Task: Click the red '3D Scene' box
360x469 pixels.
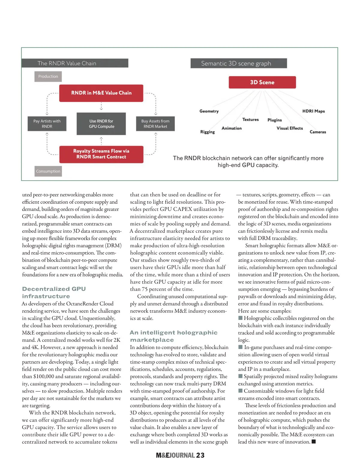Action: click(x=262, y=82)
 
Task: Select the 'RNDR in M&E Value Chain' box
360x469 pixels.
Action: click(x=101, y=93)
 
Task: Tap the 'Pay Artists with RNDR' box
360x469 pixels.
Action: click(x=47, y=124)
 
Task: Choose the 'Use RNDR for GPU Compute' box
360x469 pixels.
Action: click(x=101, y=124)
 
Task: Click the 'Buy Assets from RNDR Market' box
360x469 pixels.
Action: click(x=155, y=124)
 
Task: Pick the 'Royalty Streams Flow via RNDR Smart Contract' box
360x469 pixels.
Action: click(x=101, y=154)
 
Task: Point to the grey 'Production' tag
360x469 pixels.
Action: click(x=48, y=76)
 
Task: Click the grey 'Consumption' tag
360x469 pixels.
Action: click(x=48, y=171)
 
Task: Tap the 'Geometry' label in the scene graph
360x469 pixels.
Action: click(x=209, y=111)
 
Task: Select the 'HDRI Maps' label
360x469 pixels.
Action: click(x=313, y=111)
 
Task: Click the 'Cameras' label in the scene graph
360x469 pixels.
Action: click(x=318, y=132)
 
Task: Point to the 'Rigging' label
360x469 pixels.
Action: click(x=208, y=132)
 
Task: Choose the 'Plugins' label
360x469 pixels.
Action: click(x=274, y=120)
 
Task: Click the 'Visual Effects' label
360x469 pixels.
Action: click(x=289, y=128)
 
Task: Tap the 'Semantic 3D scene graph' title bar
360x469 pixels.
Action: click(x=238, y=64)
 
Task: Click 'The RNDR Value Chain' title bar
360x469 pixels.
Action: click(x=75, y=63)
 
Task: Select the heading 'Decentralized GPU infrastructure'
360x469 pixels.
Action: click(x=54, y=292)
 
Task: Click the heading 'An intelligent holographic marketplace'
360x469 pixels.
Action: click(x=173, y=336)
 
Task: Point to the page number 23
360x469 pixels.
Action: click(x=200, y=455)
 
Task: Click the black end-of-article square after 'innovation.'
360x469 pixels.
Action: click(x=314, y=441)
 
